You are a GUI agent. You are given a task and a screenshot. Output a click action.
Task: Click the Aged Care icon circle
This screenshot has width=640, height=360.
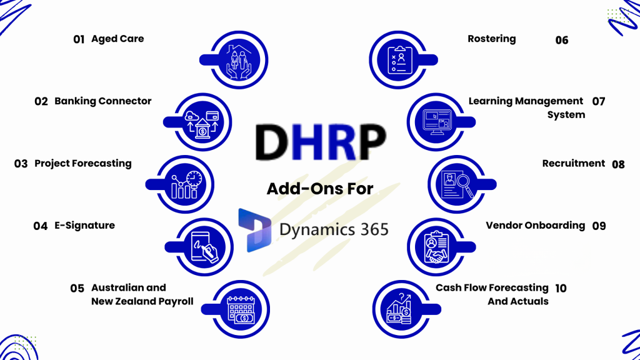click(239, 60)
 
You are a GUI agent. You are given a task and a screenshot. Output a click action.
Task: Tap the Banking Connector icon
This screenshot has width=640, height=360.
click(203, 122)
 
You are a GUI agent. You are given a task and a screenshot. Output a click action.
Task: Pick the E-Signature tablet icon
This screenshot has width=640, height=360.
click(204, 247)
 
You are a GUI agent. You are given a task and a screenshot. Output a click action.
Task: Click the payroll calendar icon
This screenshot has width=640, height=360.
click(241, 309)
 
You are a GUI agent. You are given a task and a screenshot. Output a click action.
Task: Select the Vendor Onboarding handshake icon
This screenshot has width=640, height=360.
click(436, 247)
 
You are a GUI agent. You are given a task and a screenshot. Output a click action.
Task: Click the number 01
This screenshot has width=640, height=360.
click(79, 39)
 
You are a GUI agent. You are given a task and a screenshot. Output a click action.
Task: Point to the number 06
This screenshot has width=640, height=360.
click(562, 40)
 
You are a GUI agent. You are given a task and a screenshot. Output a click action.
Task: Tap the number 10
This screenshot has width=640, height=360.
click(561, 288)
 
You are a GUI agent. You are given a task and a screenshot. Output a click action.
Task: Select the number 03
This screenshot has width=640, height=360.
click(21, 164)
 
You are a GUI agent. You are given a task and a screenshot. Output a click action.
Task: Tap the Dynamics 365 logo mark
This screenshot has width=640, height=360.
click(255, 230)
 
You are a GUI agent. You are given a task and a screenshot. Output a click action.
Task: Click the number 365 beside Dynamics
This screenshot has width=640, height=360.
click(374, 229)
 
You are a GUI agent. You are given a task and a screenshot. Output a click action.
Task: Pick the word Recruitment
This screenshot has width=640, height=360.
click(574, 163)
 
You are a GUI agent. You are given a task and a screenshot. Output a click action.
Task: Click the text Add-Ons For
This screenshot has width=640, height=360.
click(320, 189)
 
